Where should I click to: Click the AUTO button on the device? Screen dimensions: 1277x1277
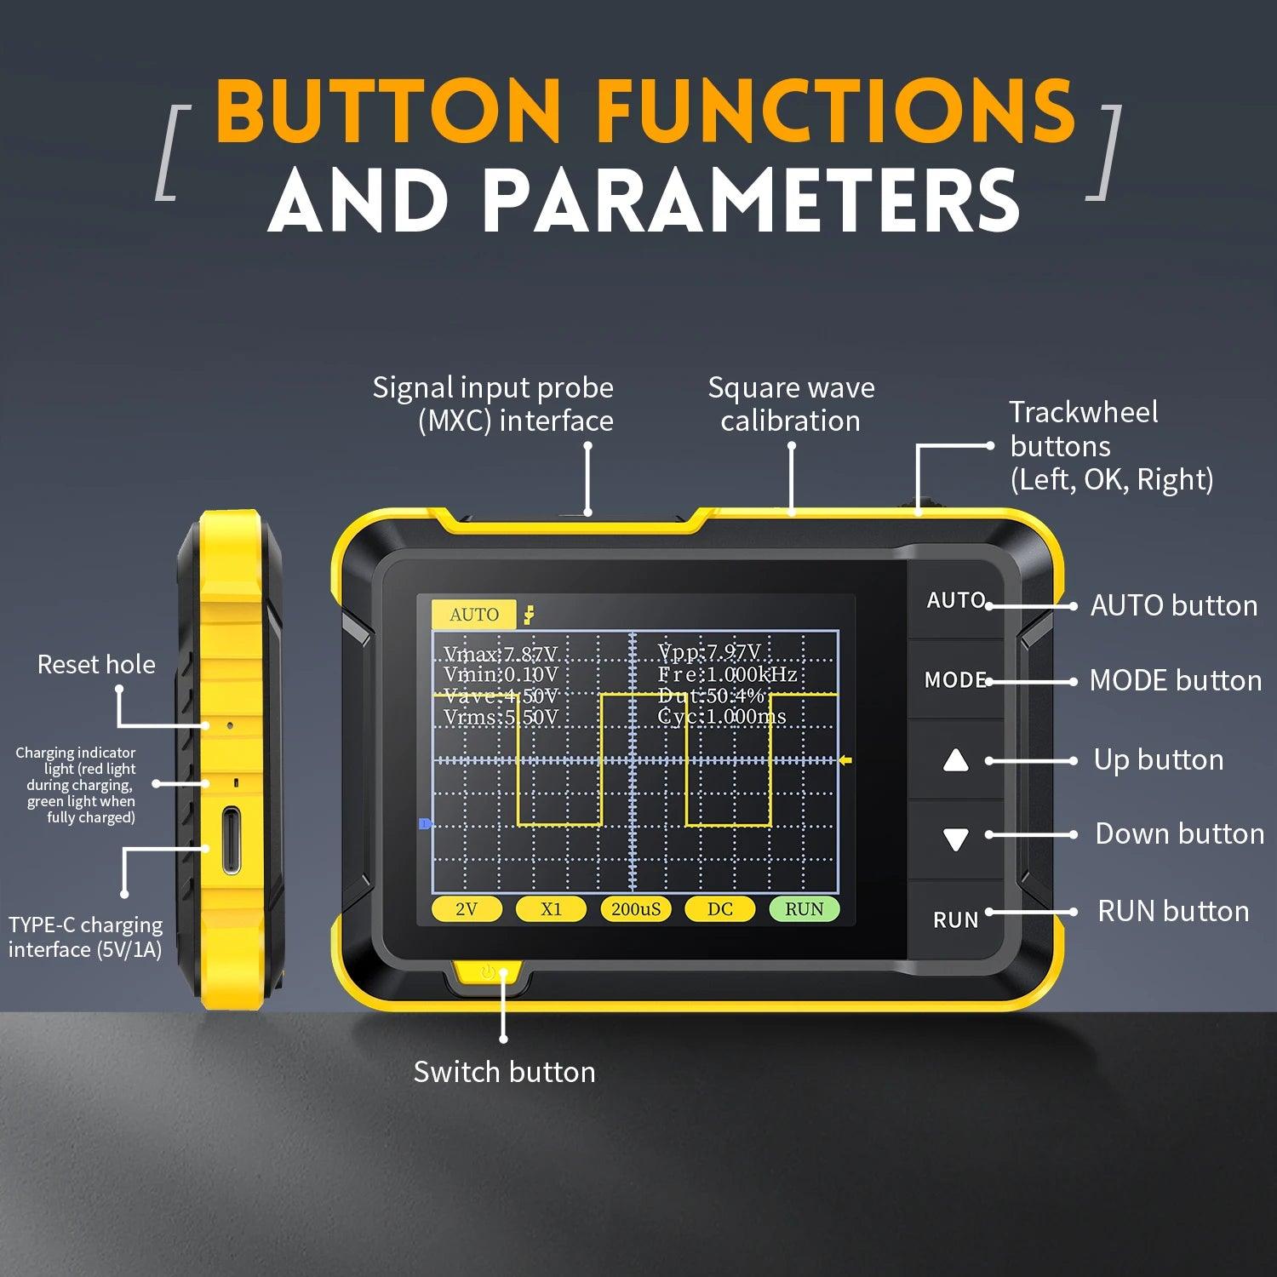[955, 600]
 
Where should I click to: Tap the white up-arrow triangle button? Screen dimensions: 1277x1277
[956, 760]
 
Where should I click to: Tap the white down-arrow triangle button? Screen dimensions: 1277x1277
[956, 839]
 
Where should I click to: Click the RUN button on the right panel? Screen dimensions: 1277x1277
[955, 919]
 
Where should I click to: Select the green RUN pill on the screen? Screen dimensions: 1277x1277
[804, 908]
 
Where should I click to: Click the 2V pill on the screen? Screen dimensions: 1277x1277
[467, 908]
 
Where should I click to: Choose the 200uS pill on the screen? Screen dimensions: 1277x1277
[635, 908]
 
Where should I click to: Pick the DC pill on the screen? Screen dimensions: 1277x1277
[719, 908]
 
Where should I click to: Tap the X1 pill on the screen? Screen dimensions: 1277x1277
[551, 908]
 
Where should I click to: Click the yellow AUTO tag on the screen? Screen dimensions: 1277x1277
[473, 614]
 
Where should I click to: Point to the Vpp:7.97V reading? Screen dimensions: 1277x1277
[708, 652]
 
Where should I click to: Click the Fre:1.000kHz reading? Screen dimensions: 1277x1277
[727, 674]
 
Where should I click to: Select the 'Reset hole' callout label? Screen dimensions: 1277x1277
[96, 664]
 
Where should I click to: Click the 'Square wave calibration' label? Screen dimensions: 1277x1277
[791, 404]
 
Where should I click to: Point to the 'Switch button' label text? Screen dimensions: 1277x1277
[504, 1071]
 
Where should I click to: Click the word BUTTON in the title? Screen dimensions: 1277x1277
[388, 111]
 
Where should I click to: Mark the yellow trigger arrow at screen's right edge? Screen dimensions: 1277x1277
[845, 760]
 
